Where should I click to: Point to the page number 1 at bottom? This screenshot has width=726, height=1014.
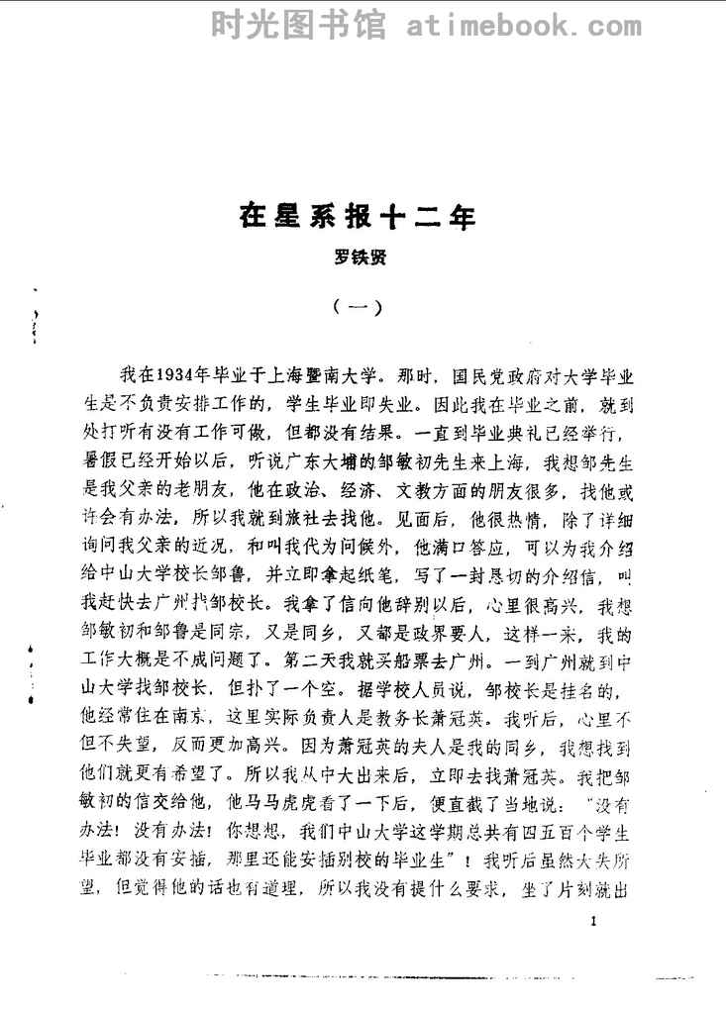[x=591, y=921]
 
